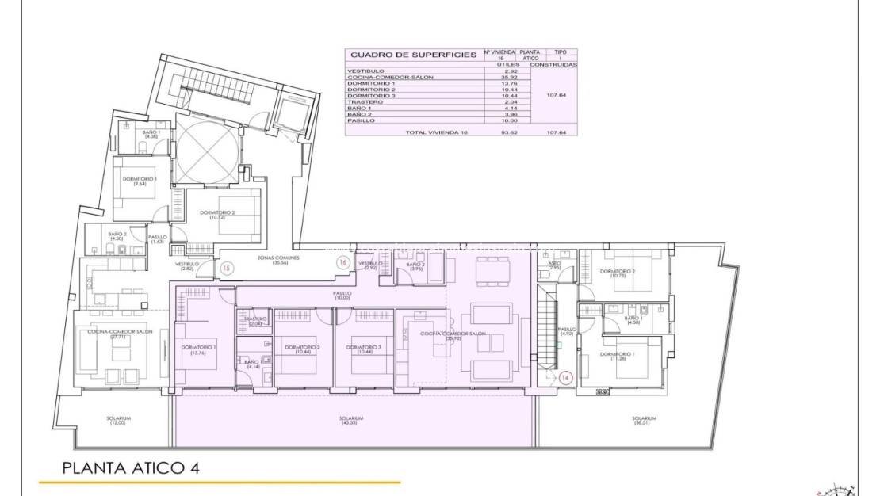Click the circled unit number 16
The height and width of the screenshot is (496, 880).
(x=342, y=262)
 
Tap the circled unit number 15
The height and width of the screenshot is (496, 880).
(x=227, y=268)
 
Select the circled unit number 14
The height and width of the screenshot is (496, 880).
(x=565, y=378)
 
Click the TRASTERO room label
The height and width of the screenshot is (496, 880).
(x=255, y=321)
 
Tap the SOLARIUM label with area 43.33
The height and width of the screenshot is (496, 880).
(x=351, y=421)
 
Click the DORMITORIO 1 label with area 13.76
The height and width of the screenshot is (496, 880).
(x=198, y=349)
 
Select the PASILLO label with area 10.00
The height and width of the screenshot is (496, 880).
(x=342, y=295)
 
